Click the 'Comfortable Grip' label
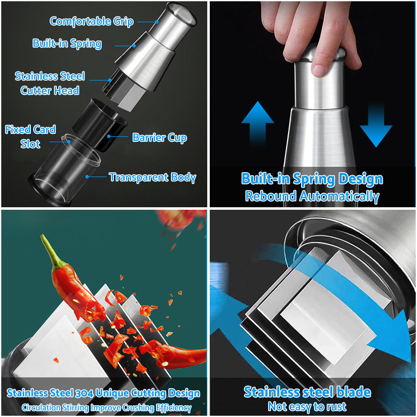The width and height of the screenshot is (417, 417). [91, 21]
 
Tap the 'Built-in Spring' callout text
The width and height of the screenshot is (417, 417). [67, 43]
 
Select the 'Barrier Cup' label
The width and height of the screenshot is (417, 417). [160, 138]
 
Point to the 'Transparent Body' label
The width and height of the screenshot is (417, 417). [152, 177]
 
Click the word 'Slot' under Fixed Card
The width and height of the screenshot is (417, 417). [30, 144]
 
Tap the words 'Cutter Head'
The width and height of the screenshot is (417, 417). [50, 90]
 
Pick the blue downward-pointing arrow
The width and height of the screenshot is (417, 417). [376, 125]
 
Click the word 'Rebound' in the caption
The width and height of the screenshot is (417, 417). [271, 196]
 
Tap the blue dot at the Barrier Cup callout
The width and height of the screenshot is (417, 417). [109, 136]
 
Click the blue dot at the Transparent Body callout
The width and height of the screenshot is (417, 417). [87, 176]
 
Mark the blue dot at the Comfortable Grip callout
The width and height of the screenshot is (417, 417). [157, 22]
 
